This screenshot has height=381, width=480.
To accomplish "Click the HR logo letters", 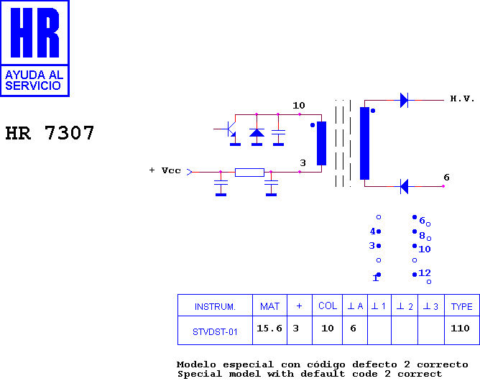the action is (x=35, y=33).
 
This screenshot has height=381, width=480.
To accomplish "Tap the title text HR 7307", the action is (x=50, y=133).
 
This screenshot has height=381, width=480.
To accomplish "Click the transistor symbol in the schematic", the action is (x=230, y=131).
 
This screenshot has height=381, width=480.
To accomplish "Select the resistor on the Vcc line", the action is (x=249, y=173).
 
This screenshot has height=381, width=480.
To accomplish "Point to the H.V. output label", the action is (x=462, y=98).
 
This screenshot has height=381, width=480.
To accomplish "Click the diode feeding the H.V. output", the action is (x=404, y=100).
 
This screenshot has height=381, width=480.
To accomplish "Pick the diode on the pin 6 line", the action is (x=404, y=186).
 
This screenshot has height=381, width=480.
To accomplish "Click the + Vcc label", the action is (x=165, y=170).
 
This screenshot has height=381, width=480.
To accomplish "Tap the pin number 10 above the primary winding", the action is (x=299, y=106).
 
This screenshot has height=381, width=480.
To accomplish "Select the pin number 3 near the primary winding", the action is (x=303, y=163).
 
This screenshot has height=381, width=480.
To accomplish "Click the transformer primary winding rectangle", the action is (x=321, y=143).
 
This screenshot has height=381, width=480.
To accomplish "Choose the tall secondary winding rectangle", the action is (x=364, y=143).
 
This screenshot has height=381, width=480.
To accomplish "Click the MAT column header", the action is (x=269, y=306).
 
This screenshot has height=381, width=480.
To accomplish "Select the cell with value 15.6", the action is (x=269, y=329).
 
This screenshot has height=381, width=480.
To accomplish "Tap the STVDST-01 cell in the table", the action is (x=215, y=331).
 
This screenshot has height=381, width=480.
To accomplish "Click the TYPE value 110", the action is (x=460, y=329).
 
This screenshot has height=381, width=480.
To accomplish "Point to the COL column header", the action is (x=328, y=306).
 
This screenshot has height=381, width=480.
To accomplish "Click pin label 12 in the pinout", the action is (x=425, y=272).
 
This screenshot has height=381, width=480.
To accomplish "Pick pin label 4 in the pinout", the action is (x=372, y=231).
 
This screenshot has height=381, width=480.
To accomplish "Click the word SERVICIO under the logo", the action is (x=33, y=86).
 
